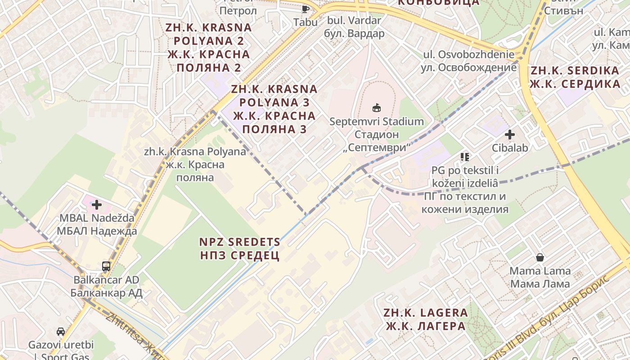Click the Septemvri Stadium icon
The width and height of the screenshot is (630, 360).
376,108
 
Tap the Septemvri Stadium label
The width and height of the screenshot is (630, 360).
377,134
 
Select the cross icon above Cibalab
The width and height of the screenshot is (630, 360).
509,134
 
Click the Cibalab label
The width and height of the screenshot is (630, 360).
509,148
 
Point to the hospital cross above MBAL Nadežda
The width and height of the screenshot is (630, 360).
97,205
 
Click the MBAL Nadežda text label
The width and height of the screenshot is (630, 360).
97,225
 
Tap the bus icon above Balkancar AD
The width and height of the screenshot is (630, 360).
106,266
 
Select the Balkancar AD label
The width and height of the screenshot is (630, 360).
107,286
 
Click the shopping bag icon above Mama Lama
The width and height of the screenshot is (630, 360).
540,257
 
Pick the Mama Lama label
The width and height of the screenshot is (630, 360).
540,277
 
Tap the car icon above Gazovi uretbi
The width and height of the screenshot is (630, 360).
61,332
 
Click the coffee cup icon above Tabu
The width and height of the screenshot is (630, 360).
306,9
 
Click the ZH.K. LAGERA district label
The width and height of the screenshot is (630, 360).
425,319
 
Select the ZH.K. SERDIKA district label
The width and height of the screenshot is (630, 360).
575,77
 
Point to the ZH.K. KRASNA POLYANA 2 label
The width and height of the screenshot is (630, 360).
208,48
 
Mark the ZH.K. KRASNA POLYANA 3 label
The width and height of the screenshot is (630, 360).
274,109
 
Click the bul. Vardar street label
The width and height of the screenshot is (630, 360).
354,27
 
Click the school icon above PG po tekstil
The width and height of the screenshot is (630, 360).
465,157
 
